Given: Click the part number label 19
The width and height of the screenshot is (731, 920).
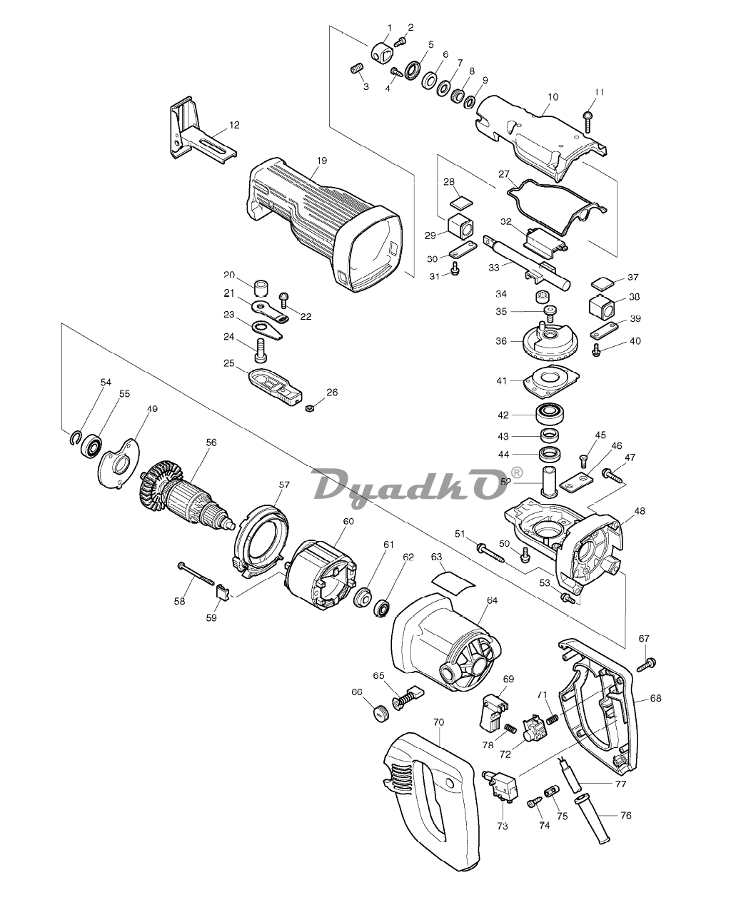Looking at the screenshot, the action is (x=322, y=161).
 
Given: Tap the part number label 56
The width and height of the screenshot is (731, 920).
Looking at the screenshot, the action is (x=211, y=443).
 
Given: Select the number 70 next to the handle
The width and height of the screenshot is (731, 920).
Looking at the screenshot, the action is (x=438, y=722).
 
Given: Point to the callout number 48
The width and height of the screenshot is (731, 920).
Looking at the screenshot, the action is (x=640, y=510).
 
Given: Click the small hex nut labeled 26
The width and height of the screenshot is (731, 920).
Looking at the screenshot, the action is (x=307, y=408).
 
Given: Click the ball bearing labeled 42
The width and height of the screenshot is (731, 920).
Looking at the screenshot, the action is (x=551, y=414).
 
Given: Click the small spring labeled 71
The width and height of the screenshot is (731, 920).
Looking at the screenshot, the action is (x=553, y=719).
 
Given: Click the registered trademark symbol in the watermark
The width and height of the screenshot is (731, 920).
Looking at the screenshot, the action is (x=517, y=472).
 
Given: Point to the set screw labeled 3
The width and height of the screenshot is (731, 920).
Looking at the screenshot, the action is (x=357, y=68).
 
